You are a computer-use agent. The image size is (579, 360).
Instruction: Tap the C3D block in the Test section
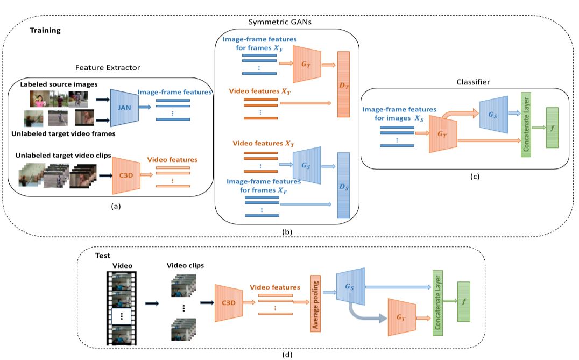coord(228,303)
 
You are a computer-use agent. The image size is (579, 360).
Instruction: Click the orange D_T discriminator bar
coord(343,83)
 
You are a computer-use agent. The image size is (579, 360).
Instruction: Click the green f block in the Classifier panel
coord(552,128)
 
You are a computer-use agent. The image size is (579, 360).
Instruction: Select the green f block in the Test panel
coord(464,301)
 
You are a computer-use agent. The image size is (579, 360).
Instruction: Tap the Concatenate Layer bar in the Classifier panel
coord(526,124)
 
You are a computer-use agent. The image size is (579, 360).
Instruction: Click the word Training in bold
coord(45,31)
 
